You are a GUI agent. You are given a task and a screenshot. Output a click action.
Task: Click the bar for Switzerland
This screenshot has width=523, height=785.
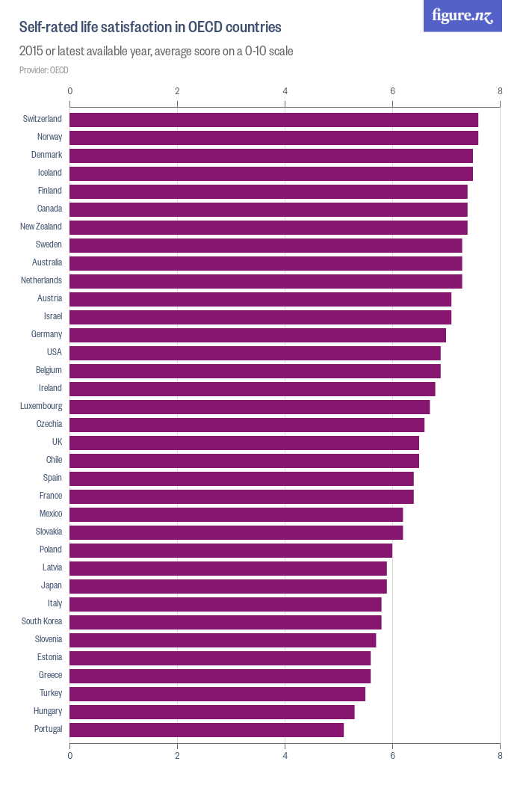pyautogui.click(x=273, y=120)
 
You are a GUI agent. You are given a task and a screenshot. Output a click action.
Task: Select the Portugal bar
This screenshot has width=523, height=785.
pyautogui.click(x=206, y=730)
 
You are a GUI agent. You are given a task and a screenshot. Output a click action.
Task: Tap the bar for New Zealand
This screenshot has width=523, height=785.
pyautogui.click(x=268, y=227)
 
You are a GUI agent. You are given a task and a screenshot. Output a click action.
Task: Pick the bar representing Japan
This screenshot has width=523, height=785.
pyautogui.click(x=228, y=586)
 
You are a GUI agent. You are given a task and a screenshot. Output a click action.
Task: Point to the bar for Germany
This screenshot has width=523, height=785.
pyautogui.click(x=258, y=335)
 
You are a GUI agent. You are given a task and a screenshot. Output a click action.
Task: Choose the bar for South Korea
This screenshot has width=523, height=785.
pyautogui.click(x=225, y=622)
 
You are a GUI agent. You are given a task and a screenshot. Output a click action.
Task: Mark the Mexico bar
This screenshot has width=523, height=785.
pyautogui.click(x=236, y=514)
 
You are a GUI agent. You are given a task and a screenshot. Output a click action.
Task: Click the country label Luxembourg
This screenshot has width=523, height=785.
pyautogui.click(x=41, y=406)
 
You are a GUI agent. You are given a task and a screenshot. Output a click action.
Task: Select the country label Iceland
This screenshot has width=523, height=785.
pyautogui.click(x=50, y=173)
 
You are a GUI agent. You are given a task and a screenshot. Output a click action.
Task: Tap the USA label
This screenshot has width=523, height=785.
pyautogui.click(x=54, y=352)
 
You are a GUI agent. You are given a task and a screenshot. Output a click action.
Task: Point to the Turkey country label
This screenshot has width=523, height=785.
pyautogui.click(x=51, y=693)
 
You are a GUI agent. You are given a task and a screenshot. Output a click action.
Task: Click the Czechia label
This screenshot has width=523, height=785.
pyautogui.click(x=49, y=424)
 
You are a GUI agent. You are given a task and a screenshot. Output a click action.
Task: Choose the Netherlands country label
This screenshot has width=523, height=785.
pyautogui.click(x=41, y=280)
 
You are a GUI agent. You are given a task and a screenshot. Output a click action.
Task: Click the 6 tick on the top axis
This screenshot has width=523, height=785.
pyautogui.click(x=392, y=91)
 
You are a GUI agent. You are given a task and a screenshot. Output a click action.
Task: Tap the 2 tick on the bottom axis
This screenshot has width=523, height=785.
pyautogui.click(x=177, y=756)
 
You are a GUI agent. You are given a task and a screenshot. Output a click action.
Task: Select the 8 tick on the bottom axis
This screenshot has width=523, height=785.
pyautogui.click(x=500, y=756)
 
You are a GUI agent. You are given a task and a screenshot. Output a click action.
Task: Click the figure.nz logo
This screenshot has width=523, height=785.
pyautogui.click(x=462, y=16)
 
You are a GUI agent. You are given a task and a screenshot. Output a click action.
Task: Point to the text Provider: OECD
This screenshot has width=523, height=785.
pyautogui.click(x=44, y=70)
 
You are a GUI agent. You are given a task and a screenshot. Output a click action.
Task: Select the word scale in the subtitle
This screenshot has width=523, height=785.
pyautogui.click(x=278, y=52)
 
